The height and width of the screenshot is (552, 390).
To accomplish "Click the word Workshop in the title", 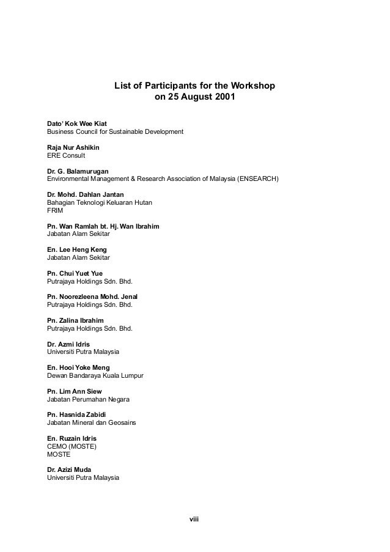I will [252, 86].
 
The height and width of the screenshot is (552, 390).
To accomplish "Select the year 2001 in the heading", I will [221, 98].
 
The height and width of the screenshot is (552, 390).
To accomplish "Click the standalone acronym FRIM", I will [55, 210].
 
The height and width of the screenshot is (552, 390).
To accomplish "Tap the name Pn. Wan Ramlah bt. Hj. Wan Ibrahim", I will [103, 226].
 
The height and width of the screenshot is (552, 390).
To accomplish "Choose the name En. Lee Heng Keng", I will [76, 250].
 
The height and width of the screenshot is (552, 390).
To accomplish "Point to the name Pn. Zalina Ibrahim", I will [75, 320].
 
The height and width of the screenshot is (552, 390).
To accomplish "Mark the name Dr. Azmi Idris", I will [68, 344].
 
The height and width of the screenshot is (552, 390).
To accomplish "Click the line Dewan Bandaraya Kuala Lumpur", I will [95, 375].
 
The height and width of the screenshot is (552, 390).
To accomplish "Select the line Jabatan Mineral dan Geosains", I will [91, 422].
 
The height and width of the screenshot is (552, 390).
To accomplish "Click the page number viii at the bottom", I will [195, 520].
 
